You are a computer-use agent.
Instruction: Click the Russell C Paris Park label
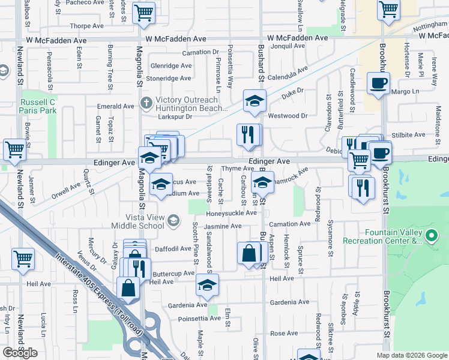(37, 106)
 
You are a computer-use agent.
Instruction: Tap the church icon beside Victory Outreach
(145, 103)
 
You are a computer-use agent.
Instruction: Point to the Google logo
(20, 353)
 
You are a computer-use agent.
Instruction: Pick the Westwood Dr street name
(288, 115)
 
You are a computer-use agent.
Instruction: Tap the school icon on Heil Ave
(207, 285)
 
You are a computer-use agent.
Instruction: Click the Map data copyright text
(412, 355)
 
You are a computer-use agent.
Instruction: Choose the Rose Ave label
(284, 333)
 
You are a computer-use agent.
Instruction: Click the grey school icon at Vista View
(173, 222)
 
